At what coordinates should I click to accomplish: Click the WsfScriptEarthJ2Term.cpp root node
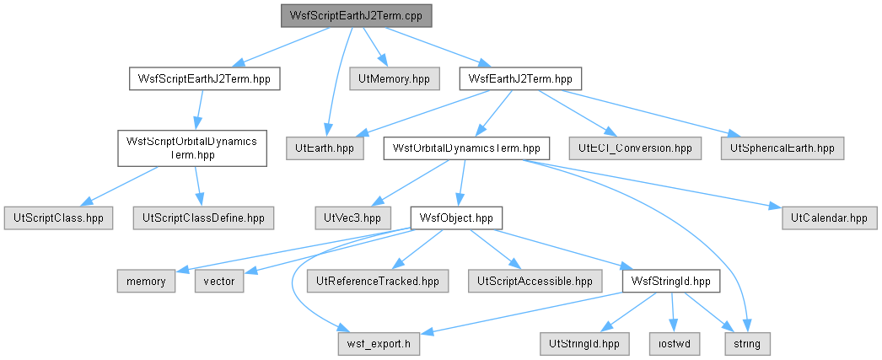(x=356, y=16)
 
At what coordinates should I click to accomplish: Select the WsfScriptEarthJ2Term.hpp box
(x=205, y=78)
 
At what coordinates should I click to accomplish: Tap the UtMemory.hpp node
(x=394, y=78)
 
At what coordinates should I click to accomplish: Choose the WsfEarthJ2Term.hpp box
(x=520, y=78)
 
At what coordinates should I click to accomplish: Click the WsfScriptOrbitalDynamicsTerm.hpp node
(x=191, y=148)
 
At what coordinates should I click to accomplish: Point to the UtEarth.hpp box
(x=325, y=148)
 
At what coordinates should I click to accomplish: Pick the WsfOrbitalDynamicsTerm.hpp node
(x=466, y=148)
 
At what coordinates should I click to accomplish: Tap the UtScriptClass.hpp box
(x=58, y=218)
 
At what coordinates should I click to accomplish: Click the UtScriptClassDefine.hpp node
(x=203, y=218)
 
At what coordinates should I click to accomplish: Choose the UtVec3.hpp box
(x=352, y=218)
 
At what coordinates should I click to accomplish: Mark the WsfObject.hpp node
(x=456, y=218)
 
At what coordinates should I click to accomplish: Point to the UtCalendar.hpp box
(x=829, y=218)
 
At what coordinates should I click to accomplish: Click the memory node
(x=146, y=281)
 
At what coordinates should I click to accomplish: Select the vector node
(x=219, y=281)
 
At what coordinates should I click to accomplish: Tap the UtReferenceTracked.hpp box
(x=378, y=281)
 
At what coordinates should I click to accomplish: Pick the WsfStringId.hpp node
(x=671, y=281)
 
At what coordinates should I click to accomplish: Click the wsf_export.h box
(x=379, y=344)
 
